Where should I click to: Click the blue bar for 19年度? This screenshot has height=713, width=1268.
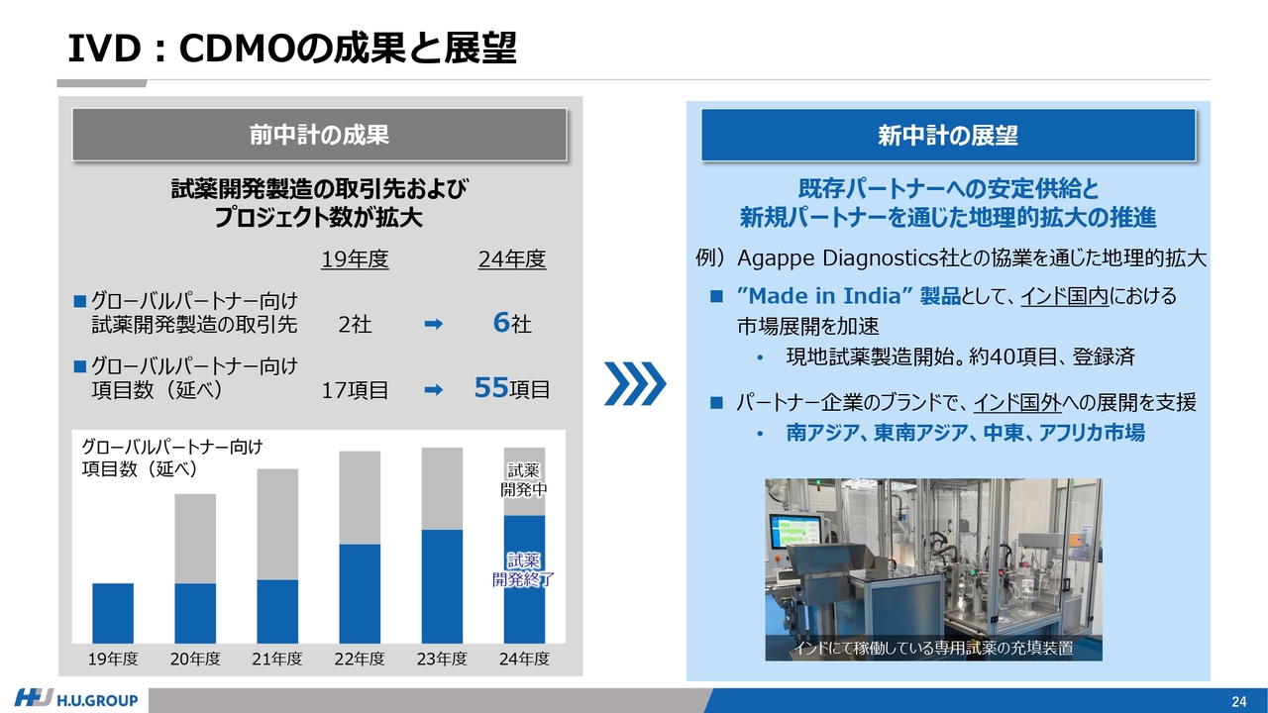[113, 613]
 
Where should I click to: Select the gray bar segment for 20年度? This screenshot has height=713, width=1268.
[195, 539]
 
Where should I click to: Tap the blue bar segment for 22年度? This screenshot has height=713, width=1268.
[360, 593]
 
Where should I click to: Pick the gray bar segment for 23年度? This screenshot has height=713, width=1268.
[442, 489]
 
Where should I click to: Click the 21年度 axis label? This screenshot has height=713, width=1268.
[277, 659]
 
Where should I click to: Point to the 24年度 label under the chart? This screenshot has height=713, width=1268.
[524, 659]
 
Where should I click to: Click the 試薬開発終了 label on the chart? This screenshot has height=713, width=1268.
[524, 569]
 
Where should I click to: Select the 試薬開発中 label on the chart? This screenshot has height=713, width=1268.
[524, 480]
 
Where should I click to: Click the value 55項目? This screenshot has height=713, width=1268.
[512, 388]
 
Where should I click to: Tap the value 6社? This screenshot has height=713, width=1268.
[512, 323]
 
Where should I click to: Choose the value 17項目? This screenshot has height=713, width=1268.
[355, 390]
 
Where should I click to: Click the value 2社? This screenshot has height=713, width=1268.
[355, 324]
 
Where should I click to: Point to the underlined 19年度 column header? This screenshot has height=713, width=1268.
[355, 259]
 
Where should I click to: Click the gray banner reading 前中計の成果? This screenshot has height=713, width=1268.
[319, 135]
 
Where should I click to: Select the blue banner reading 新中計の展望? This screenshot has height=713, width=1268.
[948, 136]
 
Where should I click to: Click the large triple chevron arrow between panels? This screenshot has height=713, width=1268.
[635, 383]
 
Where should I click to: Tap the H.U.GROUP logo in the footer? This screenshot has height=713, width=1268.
[76, 699]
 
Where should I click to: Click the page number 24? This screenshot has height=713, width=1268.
[1239, 702]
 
